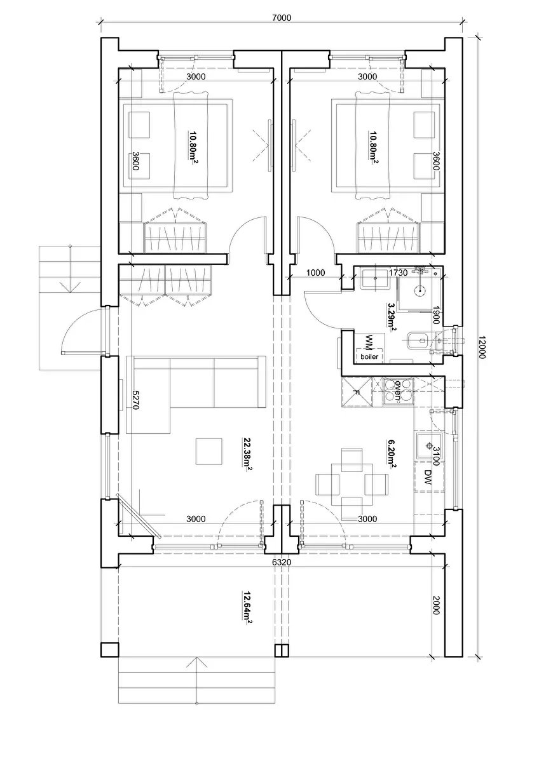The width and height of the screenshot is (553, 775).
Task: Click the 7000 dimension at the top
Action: [x=281, y=17]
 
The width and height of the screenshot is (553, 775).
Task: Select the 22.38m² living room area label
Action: [x=247, y=454]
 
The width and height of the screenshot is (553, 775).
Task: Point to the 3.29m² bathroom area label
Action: [x=392, y=317]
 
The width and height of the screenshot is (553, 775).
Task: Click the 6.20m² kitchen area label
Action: [x=392, y=454]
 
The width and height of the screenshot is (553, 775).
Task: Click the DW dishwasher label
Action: [x=428, y=477]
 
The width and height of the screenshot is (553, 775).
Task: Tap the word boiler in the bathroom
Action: [x=369, y=356]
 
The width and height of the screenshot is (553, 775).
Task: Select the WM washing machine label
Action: [x=369, y=342]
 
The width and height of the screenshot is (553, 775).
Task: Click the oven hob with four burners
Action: [x=398, y=392]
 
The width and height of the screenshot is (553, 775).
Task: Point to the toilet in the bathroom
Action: [x=418, y=340]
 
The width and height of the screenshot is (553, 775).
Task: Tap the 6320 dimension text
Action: [x=281, y=562]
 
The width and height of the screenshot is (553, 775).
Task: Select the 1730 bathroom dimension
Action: [x=398, y=273]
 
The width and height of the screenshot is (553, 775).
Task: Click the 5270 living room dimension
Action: [x=135, y=400]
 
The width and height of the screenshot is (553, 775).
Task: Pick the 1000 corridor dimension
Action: [x=315, y=273]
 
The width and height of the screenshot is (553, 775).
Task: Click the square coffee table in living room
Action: [x=208, y=452]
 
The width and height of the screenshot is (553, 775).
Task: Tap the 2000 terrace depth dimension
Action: [x=436, y=605]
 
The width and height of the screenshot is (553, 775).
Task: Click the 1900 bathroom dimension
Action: [x=436, y=315]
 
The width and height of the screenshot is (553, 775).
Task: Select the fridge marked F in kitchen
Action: [x=357, y=392]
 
